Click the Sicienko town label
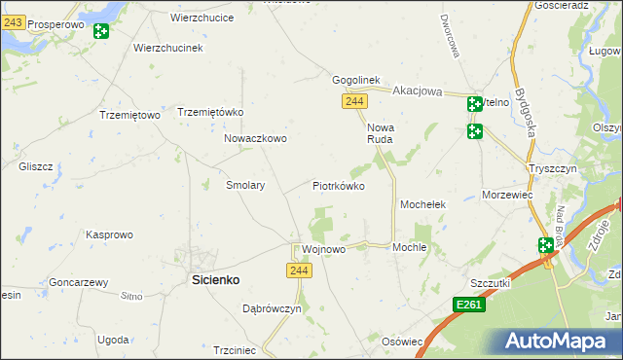click(x=213, y=279)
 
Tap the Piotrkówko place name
click(x=338, y=185)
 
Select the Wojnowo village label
click(x=324, y=249)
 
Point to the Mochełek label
click(x=422, y=205)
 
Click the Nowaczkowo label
click(x=255, y=139)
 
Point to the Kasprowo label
click(x=109, y=234)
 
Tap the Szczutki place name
click(x=491, y=282)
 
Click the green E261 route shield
click(x=469, y=306)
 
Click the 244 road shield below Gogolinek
click(x=354, y=101)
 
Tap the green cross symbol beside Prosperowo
click(x=100, y=31)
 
